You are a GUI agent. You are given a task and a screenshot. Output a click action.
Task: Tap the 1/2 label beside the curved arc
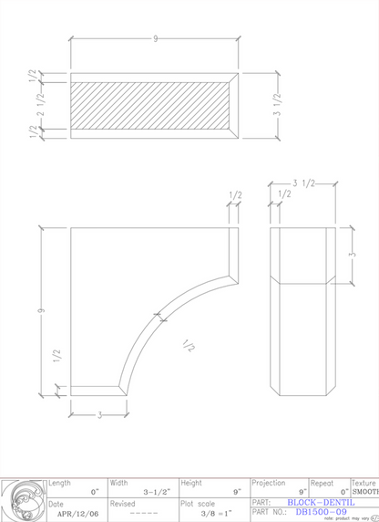189,346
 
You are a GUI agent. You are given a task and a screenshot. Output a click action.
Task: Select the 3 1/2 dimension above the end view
304,183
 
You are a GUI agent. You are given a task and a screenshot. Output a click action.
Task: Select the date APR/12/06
75,514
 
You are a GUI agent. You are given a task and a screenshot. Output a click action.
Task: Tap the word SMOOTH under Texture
365,492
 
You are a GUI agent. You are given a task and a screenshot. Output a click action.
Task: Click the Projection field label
269,482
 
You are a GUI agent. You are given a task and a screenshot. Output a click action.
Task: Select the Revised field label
123,503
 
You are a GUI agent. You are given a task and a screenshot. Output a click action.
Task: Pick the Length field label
59,482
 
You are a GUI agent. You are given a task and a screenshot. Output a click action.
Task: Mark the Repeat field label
322,482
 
